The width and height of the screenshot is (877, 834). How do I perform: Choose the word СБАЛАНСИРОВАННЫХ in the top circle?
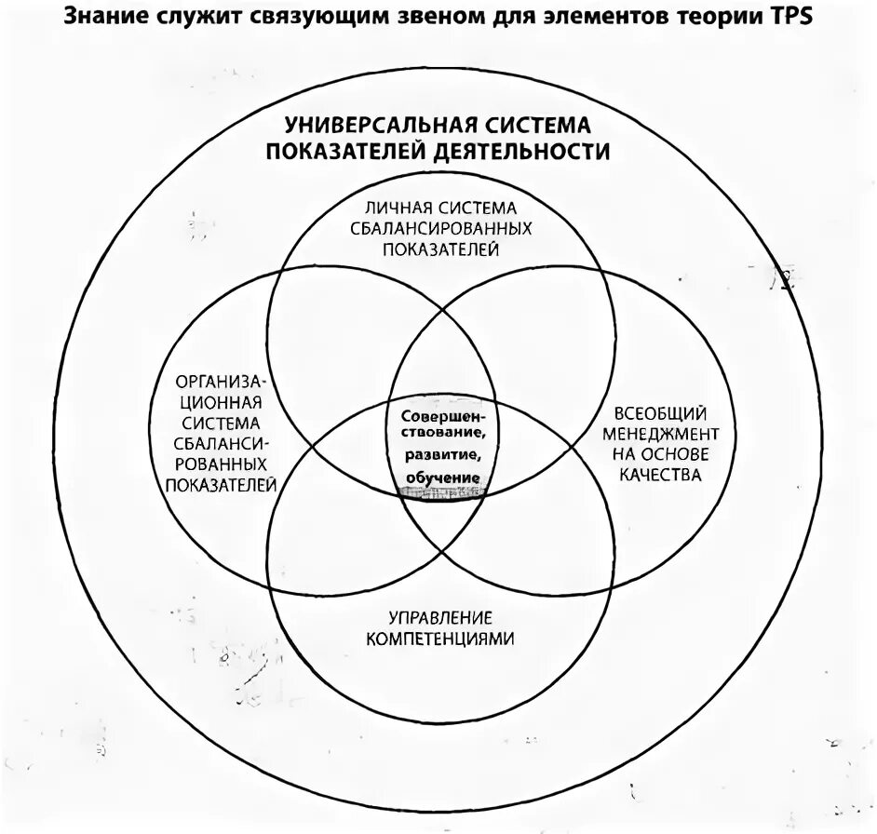point(438,228)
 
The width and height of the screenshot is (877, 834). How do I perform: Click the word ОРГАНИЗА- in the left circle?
point(222,382)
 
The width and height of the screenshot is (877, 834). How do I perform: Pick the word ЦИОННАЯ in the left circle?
point(222,402)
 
